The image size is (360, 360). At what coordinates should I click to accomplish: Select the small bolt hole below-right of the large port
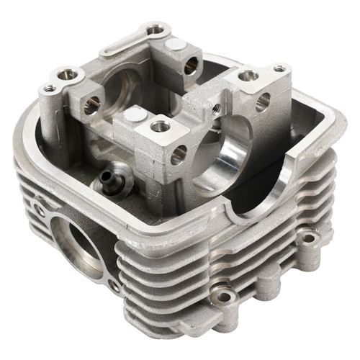[114, 286]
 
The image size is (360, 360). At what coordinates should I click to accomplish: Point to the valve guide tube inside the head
[109, 176]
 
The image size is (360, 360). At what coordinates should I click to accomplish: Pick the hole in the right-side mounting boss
[308, 237]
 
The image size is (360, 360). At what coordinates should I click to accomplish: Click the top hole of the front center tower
[161, 127]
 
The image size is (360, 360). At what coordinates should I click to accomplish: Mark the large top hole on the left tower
[67, 73]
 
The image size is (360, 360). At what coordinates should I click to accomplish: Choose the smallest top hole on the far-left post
[49, 89]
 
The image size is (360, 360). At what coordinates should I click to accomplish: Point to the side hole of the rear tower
[191, 66]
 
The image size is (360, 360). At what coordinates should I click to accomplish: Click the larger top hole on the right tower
[248, 75]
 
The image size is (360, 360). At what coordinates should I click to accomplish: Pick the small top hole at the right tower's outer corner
[279, 68]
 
